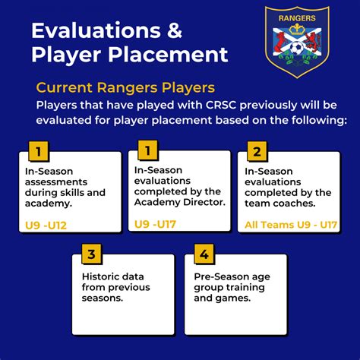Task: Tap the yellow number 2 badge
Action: pos(257,152)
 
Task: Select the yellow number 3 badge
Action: pos(90,254)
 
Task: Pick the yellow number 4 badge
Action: pos(203,254)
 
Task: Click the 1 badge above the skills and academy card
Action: pos(35,152)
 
